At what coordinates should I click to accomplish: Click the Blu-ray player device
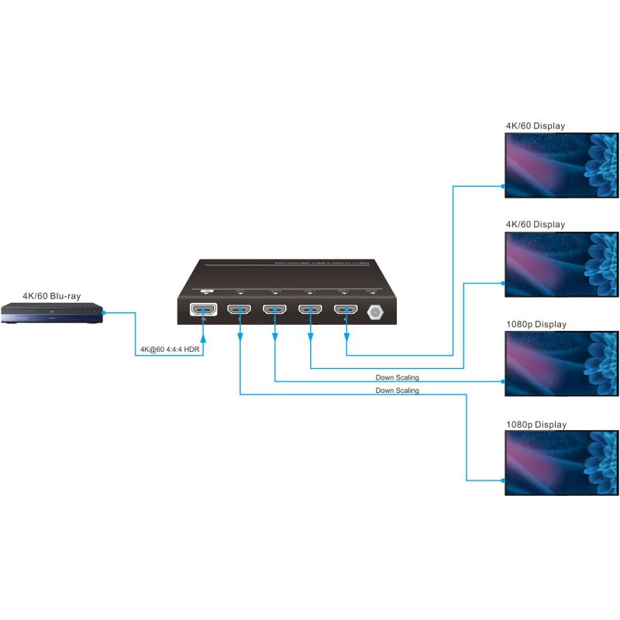[x=51, y=314]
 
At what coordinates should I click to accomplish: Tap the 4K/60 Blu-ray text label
[x=52, y=295]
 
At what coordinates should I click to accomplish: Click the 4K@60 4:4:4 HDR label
[x=169, y=350]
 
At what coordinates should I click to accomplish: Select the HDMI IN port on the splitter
[x=204, y=311]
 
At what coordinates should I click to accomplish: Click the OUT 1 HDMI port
[x=239, y=312]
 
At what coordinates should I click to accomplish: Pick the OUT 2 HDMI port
[x=275, y=312]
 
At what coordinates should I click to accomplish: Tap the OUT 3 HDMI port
[x=311, y=312]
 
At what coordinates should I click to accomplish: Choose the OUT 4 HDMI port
[x=346, y=312]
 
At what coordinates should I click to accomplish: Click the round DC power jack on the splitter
[x=376, y=312]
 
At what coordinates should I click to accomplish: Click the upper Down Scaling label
[x=397, y=377]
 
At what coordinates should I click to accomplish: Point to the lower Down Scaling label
[x=397, y=391]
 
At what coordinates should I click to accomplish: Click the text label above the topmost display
[x=535, y=126]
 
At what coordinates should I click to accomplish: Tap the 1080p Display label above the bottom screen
[x=536, y=425]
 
